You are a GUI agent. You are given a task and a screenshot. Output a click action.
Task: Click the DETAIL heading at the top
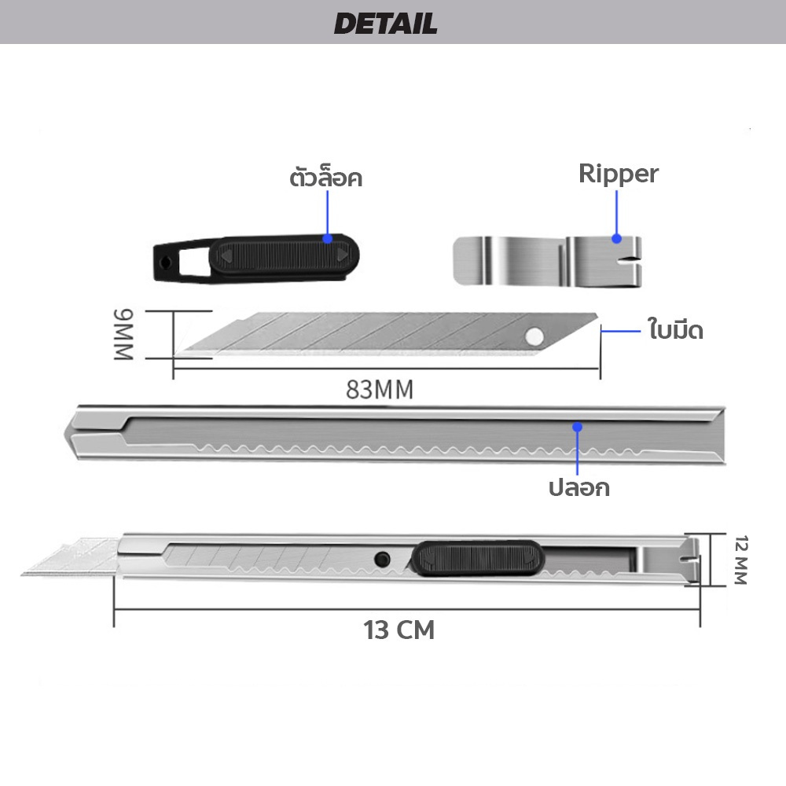click(385, 24)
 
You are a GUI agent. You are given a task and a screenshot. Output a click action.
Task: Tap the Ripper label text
click(618, 174)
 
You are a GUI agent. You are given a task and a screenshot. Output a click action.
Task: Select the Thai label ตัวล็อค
click(326, 178)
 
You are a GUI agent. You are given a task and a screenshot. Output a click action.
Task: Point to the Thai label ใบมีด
click(676, 329)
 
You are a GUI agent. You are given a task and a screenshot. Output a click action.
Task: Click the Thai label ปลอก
click(579, 488)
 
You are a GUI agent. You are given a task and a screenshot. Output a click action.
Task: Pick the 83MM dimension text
click(380, 390)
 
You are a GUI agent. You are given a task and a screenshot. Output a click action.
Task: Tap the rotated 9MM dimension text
click(124, 335)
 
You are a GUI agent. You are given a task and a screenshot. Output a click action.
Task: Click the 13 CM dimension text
click(399, 630)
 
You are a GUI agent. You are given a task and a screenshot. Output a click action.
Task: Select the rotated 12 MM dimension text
click(741, 560)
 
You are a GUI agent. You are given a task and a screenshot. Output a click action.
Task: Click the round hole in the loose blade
click(534, 336)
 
